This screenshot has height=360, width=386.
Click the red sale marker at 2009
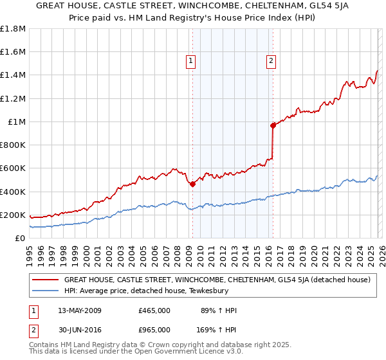click(192, 184)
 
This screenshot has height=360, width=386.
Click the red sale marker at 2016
click(273, 125)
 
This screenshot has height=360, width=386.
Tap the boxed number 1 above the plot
click(192, 62)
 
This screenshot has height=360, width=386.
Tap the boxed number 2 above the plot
click(271, 62)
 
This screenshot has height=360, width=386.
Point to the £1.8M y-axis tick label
click(13, 29)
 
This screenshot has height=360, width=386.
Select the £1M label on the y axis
click(17, 122)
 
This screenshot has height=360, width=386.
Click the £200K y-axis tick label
click(13, 215)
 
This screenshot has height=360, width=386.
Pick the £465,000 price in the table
click(154, 310)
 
